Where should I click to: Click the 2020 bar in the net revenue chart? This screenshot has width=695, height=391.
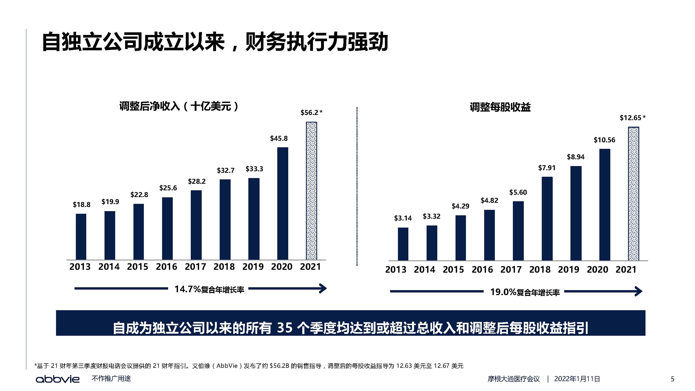pyautogui.click(x=282, y=204)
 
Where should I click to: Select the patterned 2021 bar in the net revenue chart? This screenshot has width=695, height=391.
pyautogui.click(x=311, y=191)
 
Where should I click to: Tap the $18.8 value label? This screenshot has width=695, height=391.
pyautogui.click(x=82, y=205)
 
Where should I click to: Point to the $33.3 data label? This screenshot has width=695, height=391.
pyautogui.click(x=254, y=169)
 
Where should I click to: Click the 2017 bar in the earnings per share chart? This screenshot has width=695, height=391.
pyautogui.click(x=518, y=231)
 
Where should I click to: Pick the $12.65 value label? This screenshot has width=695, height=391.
pyautogui.click(x=630, y=118)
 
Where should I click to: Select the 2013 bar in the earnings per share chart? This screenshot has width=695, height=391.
pyautogui.click(x=403, y=244)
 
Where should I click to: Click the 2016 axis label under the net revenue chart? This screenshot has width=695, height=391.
pyautogui.click(x=167, y=267)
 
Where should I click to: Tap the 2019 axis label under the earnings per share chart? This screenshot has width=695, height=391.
pyautogui.click(x=568, y=270)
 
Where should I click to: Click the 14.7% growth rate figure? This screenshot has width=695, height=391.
pyautogui.click(x=188, y=289)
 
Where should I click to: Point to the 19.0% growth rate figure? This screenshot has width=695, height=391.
pyautogui.click(x=503, y=292)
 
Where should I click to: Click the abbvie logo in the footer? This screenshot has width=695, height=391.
pyautogui.click(x=58, y=379)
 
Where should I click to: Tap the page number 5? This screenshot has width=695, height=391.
pyautogui.click(x=673, y=379)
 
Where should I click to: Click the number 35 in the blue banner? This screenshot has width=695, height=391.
pyautogui.click(x=285, y=328)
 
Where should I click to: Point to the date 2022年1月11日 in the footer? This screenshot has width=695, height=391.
pyautogui.click(x=577, y=379)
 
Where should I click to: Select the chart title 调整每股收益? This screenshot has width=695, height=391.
pyautogui.click(x=500, y=107)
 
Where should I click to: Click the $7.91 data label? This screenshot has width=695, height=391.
pyautogui.click(x=547, y=168)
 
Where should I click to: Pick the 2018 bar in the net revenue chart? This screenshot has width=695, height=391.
pyautogui.click(x=225, y=219)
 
